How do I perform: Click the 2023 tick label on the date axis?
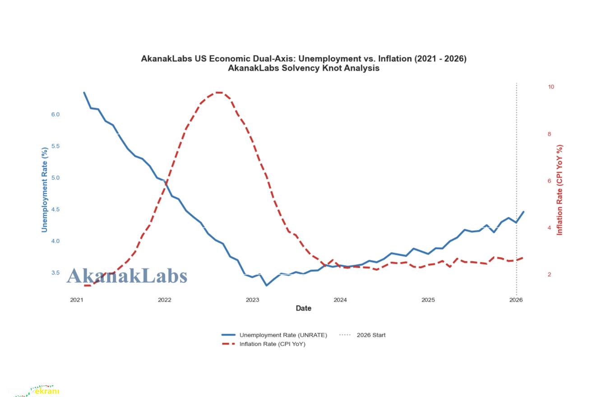pos(252,300)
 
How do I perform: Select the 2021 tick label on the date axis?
pos(77,300)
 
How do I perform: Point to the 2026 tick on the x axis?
pos(516,300)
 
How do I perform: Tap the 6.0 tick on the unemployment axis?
pos(55,115)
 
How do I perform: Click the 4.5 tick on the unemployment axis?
pos(55,209)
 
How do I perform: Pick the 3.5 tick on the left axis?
pos(55,273)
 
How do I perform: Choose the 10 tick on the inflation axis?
pos(551,87)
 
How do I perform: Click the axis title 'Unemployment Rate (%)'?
pos(45,190)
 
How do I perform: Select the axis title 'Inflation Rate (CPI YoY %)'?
pos(560,190)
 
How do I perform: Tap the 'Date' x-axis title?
pos(303,309)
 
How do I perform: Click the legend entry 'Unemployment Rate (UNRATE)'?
pos(283,335)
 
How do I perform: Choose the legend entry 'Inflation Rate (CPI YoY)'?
pos(272,344)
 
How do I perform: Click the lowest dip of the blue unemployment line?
pos(266,285)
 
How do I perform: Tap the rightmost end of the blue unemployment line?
pos(523,212)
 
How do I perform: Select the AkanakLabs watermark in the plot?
pos(127,276)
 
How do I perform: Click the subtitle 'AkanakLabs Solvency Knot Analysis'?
pos(303,69)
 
